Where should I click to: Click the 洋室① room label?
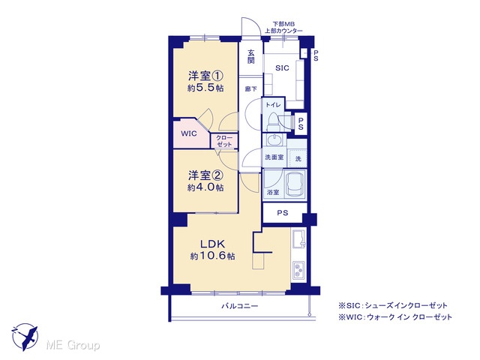[x=205, y=76]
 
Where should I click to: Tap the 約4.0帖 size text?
[x=205, y=187]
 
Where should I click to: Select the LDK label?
[x=213, y=244]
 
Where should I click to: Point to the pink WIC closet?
[x=190, y=133]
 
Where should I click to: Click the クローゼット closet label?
[x=224, y=141]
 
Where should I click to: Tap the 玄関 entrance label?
[x=250, y=56]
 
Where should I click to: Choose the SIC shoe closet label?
[x=282, y=68]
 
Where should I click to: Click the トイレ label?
[x=273, y=105]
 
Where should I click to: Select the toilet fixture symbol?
[x=271, y=121]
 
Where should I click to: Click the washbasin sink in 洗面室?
[x=274, y=140]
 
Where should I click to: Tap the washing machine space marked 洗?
[x=298, y=158]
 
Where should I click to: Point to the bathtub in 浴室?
[x=295, y=184]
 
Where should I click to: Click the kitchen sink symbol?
[x=299, y=238]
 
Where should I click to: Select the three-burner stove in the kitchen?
[x=298, y=270]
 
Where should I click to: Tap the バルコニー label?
[x=240, y=306]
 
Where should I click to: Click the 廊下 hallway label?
[x=250, y=89]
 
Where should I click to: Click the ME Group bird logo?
[x=25, y=337]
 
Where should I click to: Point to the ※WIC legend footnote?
[x=395, y=316]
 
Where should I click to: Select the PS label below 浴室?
[x=283, y=213]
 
